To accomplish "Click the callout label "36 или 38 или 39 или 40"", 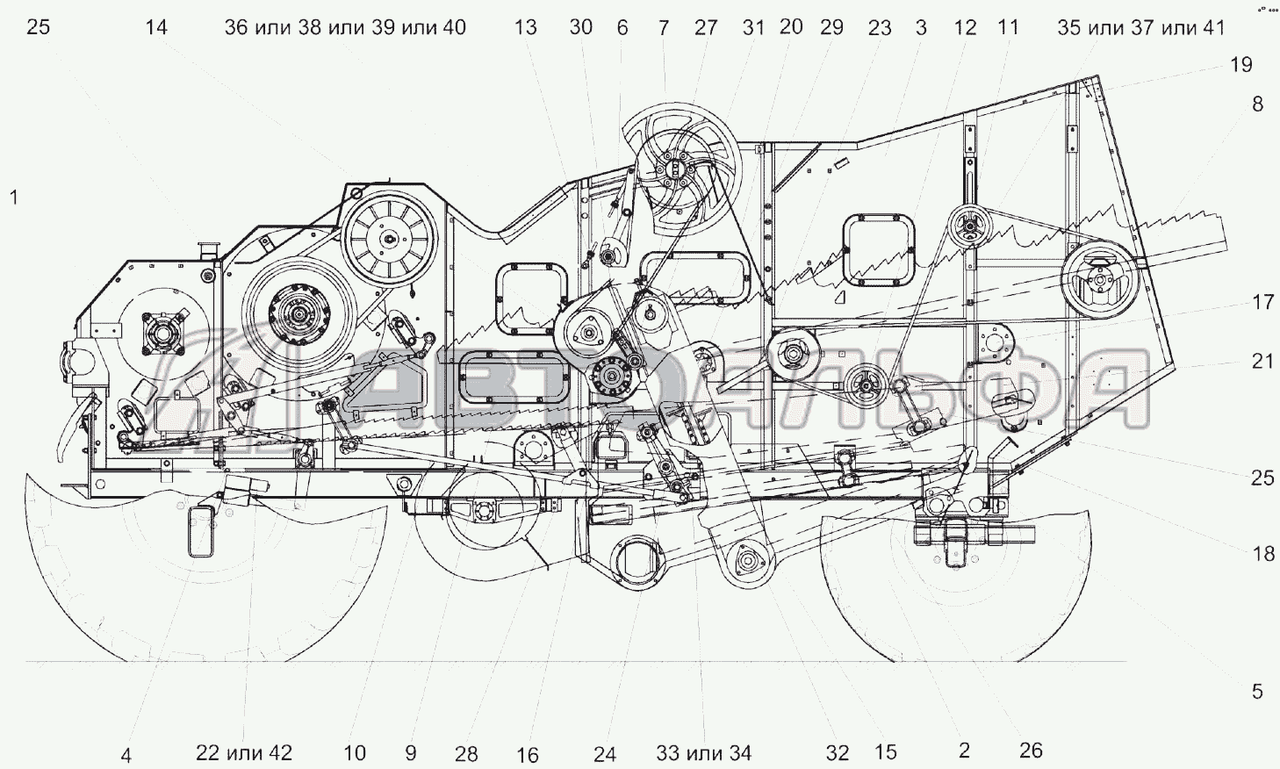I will click(x=345, y=27).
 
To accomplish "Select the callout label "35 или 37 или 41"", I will click(x=1140, y=27).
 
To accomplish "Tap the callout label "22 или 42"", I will click(x=243, y=752).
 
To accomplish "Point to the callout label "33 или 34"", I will click(x=703, y=752).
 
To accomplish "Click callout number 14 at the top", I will click(x=155, y=27).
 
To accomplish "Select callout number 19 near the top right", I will click(x=1240, y=64).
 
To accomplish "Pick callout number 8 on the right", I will click(x=1257, y=104).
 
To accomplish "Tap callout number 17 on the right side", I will click(x=1262, y=302).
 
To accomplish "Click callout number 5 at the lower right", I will click(x=1257, y=692).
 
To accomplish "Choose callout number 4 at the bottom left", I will click(x=126, y=754).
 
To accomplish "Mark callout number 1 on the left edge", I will click(x=13, y=198).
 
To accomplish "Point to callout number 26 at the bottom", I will click(x=1031, y=750).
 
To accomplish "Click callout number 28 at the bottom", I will click(x=466, y=753).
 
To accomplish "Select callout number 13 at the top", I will click(x=525, y=27).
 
